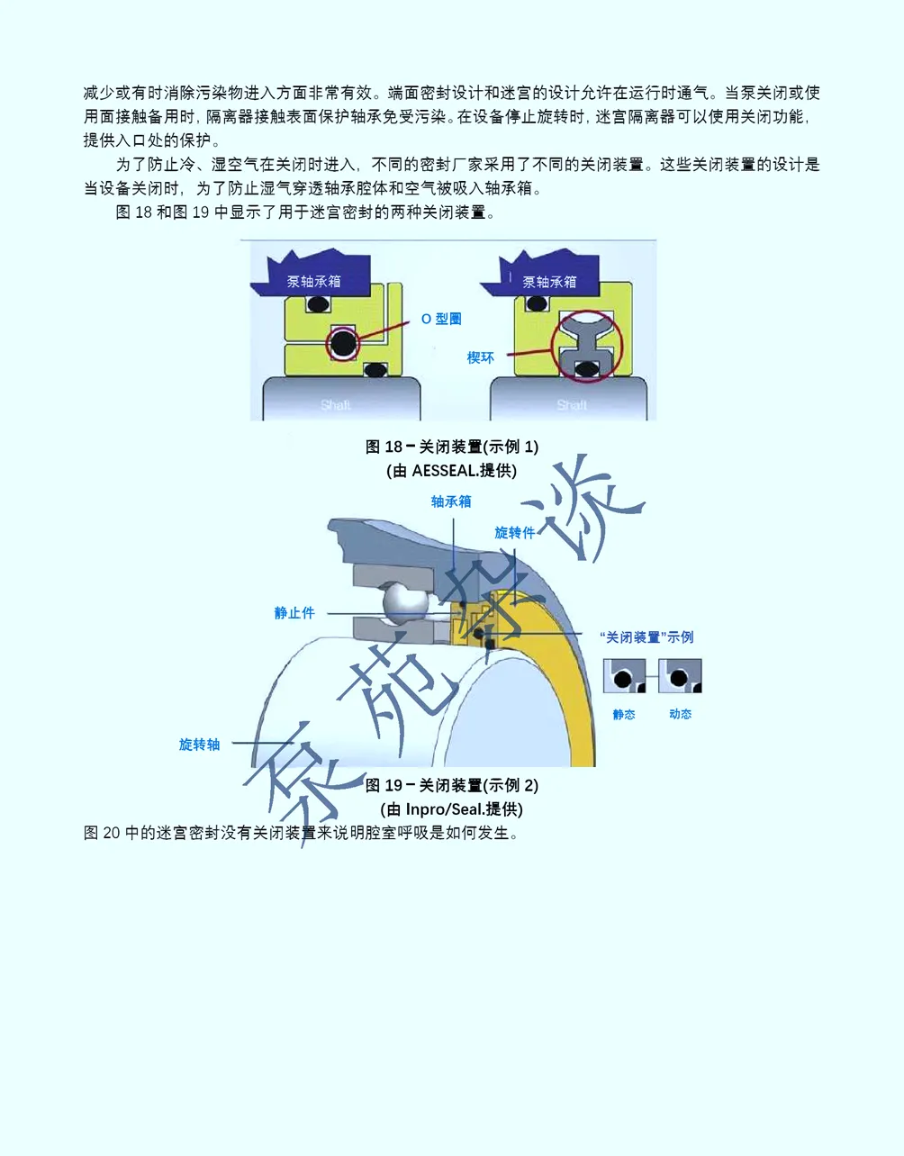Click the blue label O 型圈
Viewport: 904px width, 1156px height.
pos(441,319)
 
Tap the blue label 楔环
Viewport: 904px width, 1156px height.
pos(480,357)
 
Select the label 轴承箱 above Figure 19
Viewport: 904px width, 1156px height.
pos(451,501)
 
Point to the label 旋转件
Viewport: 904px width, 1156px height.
pos(514,532)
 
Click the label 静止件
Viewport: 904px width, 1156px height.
pos(294,613)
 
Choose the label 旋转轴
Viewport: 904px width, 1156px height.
pos(199,745)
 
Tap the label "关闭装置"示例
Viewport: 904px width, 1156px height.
pos(646,637)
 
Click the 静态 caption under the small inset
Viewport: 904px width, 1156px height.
pos(624,714)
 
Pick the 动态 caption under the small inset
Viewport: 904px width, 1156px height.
pos(680,714)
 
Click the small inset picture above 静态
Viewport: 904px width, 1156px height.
pos(624,675)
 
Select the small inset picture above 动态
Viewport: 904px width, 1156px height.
pos(680,675)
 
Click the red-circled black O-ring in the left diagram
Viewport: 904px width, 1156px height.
pos(342,343)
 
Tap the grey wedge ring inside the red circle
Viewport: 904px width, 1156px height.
pos(586,346)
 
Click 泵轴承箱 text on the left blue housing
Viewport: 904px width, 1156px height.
pos(313,282)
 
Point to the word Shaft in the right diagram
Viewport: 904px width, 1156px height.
pos(572,405)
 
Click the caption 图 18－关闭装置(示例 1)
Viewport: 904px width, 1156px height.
pos(452,447)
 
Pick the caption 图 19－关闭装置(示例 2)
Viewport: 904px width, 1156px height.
pos(452,785)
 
